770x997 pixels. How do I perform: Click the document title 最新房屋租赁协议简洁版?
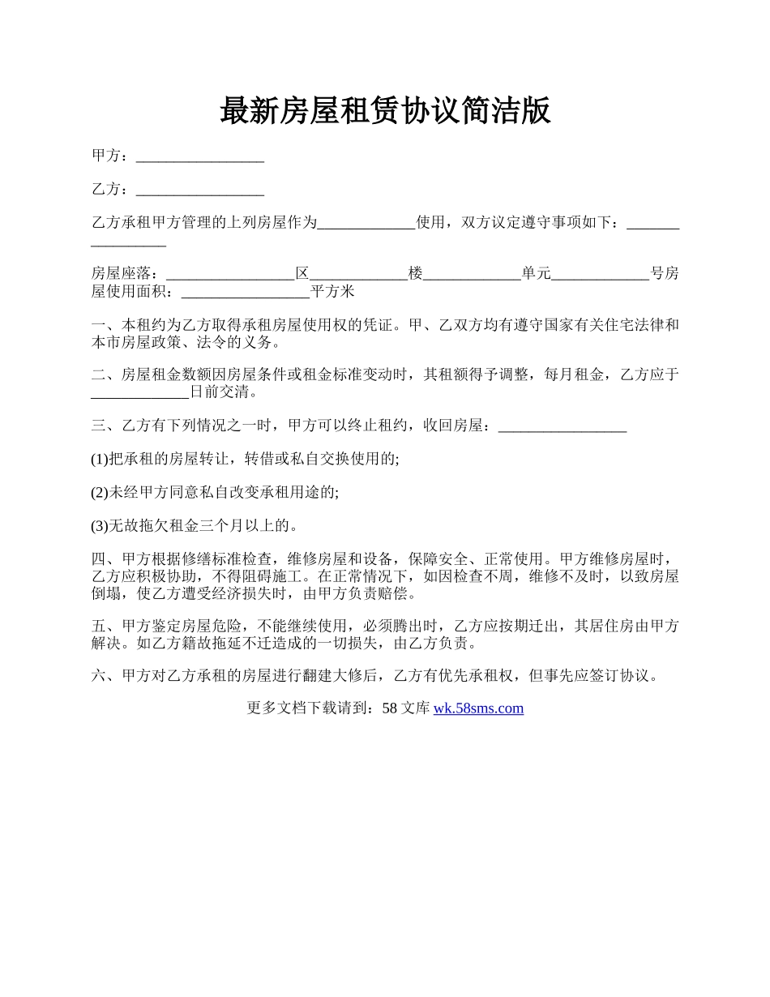(x=385, y=110)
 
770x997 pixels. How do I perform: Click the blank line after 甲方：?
(x=200, y=156)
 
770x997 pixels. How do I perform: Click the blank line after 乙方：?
(x=200, y=190)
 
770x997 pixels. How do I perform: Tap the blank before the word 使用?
(x=366, y=223)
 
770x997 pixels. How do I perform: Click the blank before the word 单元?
(x=473, y=274)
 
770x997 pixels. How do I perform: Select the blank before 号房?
(x=600, y=274)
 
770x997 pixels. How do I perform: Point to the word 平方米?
(x=333, y=292)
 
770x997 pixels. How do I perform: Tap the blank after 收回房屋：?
(x=562, y=426)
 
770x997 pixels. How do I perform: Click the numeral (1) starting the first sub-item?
(x=100, y=459)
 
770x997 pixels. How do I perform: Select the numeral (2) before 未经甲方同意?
(x=100, y=492)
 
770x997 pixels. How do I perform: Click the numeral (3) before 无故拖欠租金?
(x=100, y=526)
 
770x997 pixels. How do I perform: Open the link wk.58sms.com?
(x=478, y=708)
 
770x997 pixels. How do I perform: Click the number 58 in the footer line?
(x=389, y=708)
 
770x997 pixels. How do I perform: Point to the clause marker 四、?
(x=105, y=559)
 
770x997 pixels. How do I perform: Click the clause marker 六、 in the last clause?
(x=105, y=675)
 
